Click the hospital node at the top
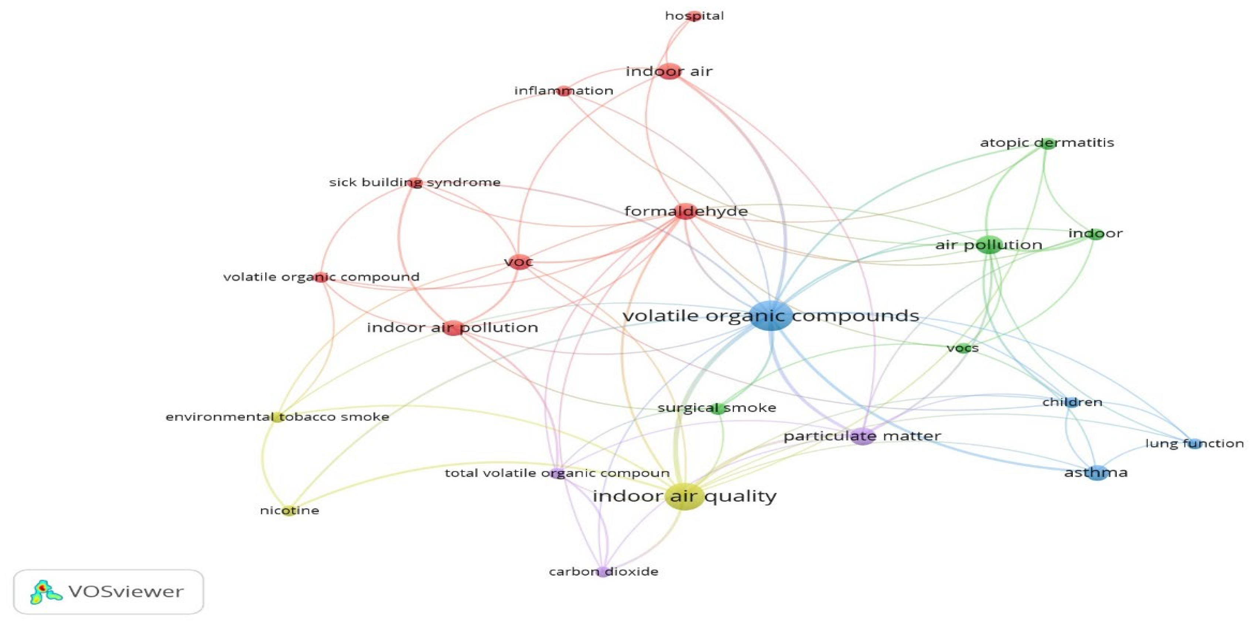pos(695,16)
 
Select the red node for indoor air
pos(670,71)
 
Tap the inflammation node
pos(564,91)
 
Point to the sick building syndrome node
pos(415,183)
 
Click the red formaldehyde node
pos(685,211)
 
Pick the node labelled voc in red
pos(519,262)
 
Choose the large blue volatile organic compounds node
pos(771,316)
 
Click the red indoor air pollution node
pos(453,328)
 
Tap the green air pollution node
pos(989,245)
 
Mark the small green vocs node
pos(963,348)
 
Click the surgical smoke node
pos(717,408)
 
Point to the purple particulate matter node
pos(863,436)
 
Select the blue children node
pos(1072,402)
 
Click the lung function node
pos(1194,443)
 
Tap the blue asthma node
pos(1097,473)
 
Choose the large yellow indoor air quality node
pos(684,496)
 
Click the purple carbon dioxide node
pos(603,572)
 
